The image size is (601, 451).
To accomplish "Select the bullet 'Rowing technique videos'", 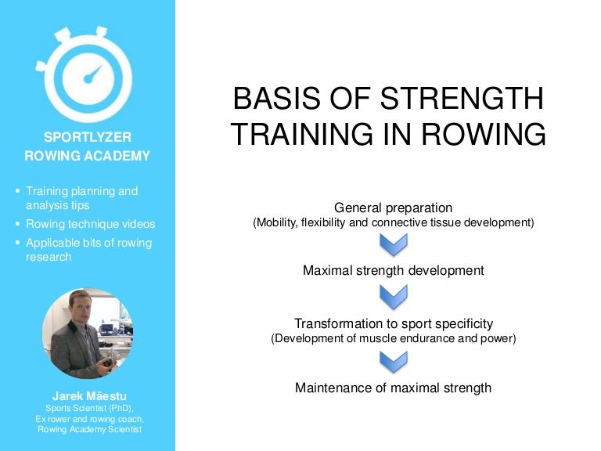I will pos(90,224).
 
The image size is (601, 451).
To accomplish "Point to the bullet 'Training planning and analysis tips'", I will pos(81,198).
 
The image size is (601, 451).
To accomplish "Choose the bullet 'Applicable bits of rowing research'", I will pos(88,250).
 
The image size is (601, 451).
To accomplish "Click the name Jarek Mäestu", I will pos(87,395).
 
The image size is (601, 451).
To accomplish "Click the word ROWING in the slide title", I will pos(488,134).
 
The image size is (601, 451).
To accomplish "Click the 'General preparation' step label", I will pos(393,207).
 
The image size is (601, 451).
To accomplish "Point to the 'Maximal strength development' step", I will pos(393,270).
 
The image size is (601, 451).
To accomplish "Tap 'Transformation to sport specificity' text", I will pos(393,323).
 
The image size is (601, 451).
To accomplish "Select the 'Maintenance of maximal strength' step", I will pos(393,387).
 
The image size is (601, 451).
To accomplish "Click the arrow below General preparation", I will pos(393,244).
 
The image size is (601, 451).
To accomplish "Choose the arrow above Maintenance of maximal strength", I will pos(393,360).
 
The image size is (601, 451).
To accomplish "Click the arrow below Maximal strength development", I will pos(393,296).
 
